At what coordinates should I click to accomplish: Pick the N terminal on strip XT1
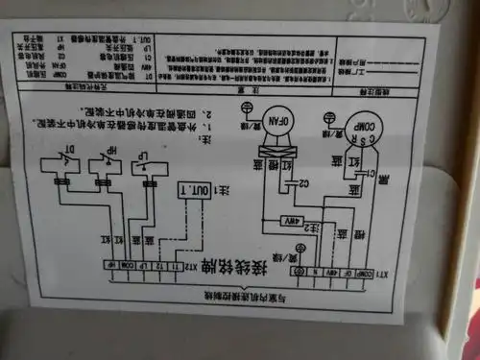[x=312, y=272]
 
